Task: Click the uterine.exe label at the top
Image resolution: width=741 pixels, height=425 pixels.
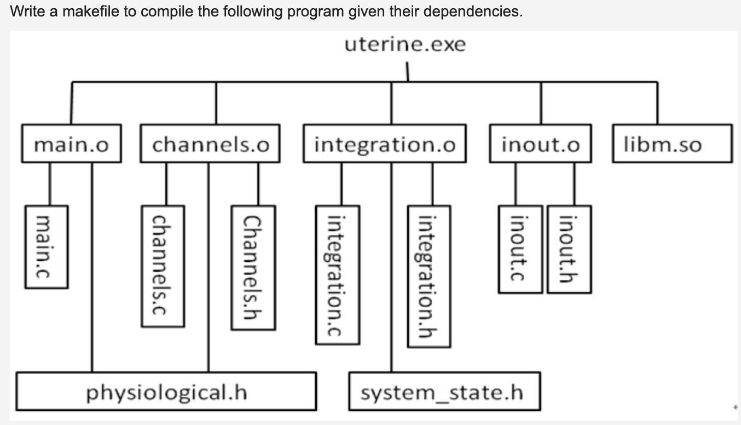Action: click(405, 44)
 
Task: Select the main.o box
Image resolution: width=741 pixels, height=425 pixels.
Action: click(72, 145)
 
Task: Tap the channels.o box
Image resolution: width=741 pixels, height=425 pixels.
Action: click(210, 145)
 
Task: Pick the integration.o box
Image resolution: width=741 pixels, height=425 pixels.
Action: click(385, 145)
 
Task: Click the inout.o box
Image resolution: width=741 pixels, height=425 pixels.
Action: click(540, 145)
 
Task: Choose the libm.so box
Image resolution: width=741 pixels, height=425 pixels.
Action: click(672, 144)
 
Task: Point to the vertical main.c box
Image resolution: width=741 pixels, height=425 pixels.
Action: click(47, 246)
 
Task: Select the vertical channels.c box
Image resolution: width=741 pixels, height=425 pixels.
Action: click(163, 266)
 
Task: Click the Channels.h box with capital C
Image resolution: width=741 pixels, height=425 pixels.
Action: click(253, 267)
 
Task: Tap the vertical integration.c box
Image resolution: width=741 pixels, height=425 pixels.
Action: click(337, 274)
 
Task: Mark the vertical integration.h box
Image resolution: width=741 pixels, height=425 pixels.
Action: click(429, 276)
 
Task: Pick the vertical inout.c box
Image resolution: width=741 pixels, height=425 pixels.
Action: click(520, 249)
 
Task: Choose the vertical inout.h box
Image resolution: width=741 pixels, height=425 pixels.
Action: click(569, 249)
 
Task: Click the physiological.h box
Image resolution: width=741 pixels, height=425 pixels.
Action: click(166, 392)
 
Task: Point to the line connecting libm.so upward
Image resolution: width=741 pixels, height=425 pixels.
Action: click(657, 103)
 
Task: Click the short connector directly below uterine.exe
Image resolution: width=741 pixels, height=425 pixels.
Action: click(407, 72)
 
